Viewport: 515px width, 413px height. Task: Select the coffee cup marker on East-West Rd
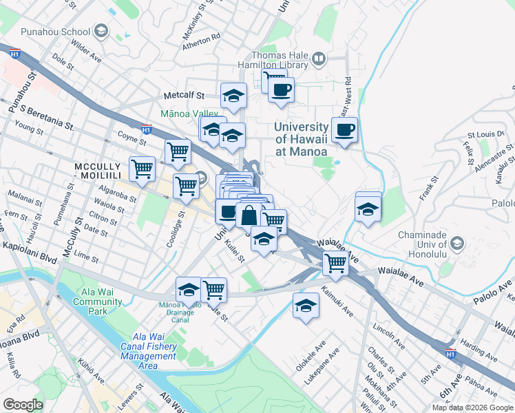(x=344, y=130)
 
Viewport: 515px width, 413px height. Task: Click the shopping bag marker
(x=249, y=215)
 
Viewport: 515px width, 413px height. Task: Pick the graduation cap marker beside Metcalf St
(x=233, y=96)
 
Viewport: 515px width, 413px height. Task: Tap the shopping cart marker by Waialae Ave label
(x=335, y=262)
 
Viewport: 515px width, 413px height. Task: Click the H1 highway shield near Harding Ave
(x=450, y=353)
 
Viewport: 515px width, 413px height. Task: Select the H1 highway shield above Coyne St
(x=146, y=128)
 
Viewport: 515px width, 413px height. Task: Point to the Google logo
(x=23, y=404)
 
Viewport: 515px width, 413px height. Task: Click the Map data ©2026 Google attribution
(x=472, y=407)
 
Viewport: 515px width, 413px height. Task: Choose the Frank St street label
(x=430, y=189)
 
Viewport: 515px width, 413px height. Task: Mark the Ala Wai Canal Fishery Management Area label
(x=148, y=346)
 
